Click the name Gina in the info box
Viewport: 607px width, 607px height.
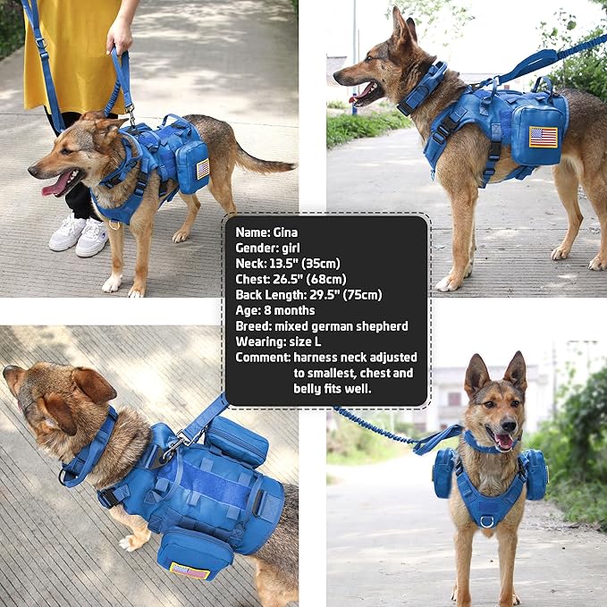point(287,232)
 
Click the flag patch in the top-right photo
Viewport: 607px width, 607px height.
point(543,137)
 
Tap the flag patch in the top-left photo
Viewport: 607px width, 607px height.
point(202,168)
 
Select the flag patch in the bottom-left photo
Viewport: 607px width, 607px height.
point(190,569)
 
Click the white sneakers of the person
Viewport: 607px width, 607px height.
point(80,235)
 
